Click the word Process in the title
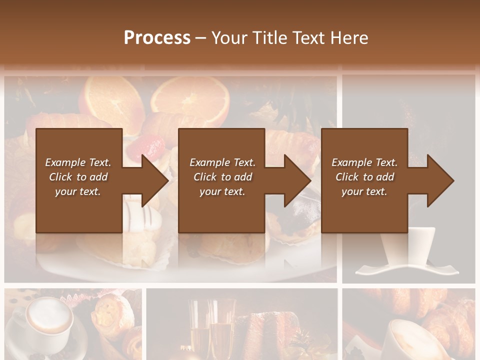point(157,37)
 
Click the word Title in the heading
point(268,37)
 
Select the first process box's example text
point(78,177)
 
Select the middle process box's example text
point(222,177)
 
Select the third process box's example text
point(364,177)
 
